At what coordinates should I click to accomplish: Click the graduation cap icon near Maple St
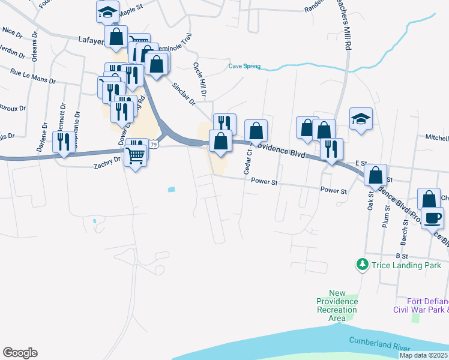[108, 11]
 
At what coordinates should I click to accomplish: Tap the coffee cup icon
[432, 217]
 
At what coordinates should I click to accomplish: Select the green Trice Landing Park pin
[362, 263]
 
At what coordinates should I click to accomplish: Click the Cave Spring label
[244, 66]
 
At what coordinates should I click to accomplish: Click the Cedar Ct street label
[247, 162]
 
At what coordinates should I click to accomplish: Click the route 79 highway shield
[154, 145]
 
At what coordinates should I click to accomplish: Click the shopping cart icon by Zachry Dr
[136, 155]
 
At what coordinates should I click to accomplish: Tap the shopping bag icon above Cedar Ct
[256, 130]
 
